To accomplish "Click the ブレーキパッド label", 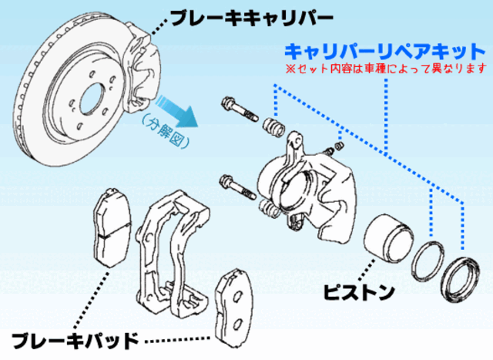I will (x=75, y=338).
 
